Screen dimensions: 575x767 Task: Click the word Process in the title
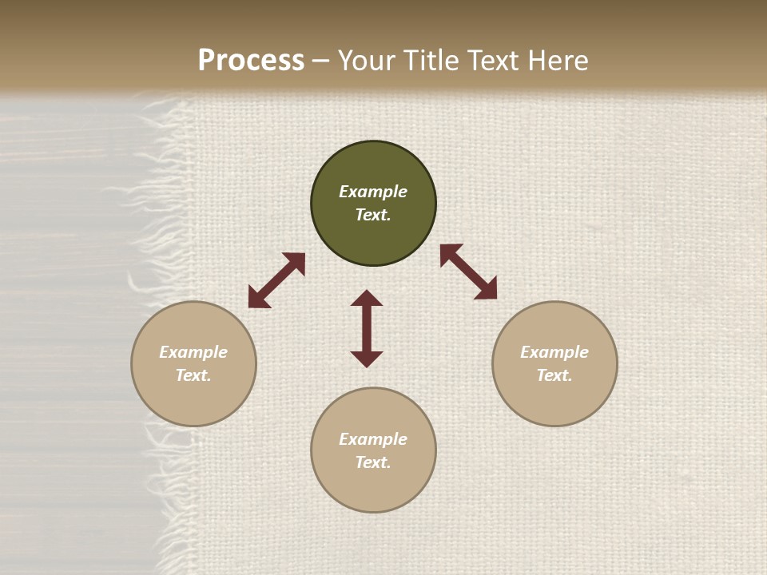(251, 61)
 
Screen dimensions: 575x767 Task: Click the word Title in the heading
(431, 61)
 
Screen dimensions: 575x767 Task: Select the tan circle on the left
(193, 399)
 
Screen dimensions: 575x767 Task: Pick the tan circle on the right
(554, 399)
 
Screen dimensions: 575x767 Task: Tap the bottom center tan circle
(373, 487)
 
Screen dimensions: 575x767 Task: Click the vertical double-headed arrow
(367, 328)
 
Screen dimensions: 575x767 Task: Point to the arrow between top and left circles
(276, 280)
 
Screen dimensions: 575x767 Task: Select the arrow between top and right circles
(468, 272)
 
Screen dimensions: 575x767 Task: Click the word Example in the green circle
(373, 192)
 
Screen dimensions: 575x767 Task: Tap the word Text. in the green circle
(373, 215)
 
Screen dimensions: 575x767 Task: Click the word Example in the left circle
(193, 352)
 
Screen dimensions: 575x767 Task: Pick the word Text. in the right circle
(554, 375)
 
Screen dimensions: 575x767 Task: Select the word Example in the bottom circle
(373, 439)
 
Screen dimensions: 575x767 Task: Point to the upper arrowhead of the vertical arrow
(367, 298)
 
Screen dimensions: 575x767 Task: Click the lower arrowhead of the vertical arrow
(367, 359)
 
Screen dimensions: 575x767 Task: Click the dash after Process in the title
(320, 61)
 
